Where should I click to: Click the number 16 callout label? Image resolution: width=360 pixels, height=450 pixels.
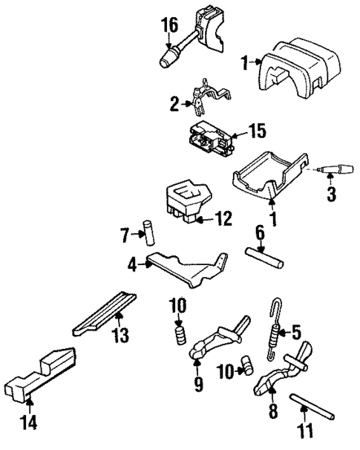[170, 27]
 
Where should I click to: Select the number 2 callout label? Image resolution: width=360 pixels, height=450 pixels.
[174, 104]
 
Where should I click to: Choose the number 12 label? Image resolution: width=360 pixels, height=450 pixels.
[223, 218]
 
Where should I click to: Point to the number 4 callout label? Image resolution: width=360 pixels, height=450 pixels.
[129, 262]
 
